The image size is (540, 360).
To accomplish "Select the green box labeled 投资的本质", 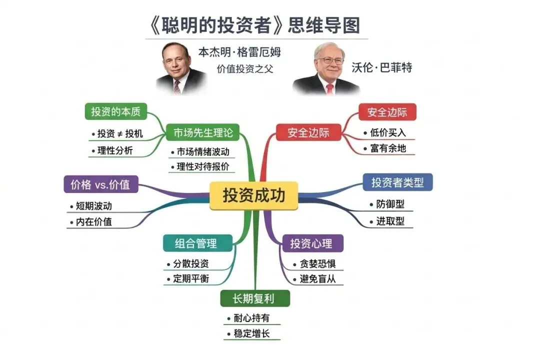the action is tap(115, 111).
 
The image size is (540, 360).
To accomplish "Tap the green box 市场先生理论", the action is tap(203, 133).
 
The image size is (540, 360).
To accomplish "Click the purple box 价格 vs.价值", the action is tap(100, 184).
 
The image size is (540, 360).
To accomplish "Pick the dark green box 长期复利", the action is tap(254, 298).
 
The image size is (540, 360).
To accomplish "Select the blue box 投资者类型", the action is tap(397, 182).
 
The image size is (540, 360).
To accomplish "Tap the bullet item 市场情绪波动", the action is tap(202, 152).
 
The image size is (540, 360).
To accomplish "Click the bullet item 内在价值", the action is tap(94, 222).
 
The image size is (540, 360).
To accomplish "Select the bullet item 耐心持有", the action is tap(251, 318).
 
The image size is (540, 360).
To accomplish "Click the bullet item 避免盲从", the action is tap(317, 279).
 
